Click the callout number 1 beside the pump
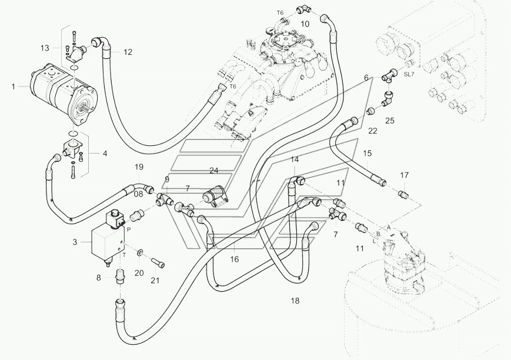click(14, 86)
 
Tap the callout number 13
click(45, 48)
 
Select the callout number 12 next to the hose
click(128, 52)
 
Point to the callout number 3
click(75, 242)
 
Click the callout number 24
click(214, 171)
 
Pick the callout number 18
click(295, 301)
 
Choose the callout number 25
click(390, 121)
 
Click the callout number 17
click(404, 175)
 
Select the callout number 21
click(155, 280)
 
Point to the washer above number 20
click(141, 252)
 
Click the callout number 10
click(305, 24)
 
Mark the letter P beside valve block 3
click(129, 229)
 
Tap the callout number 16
click(234, 259)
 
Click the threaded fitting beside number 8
click(121, 275)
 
